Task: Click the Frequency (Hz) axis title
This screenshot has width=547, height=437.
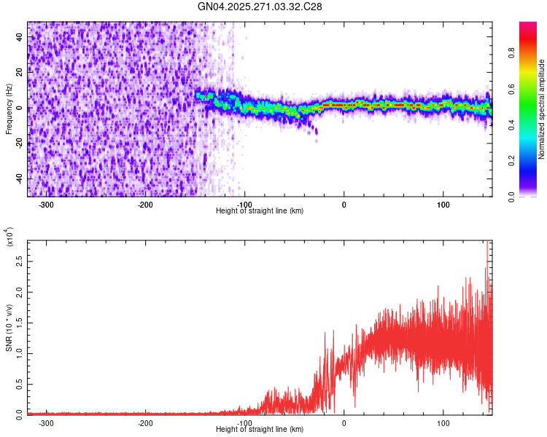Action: click(9, 109)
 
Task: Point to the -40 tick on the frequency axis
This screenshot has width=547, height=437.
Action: click(18, 178)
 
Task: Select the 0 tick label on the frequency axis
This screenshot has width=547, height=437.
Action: click(20, 108)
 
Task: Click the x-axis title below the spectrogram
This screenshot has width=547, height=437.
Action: click(260, 211)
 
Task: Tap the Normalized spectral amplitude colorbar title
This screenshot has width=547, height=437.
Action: click(541, 109)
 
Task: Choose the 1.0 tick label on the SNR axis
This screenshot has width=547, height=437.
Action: click(20, 353)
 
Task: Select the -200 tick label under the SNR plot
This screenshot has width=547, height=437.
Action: click(144, 423)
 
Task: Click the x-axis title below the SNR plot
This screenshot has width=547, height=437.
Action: click(260, 430)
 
